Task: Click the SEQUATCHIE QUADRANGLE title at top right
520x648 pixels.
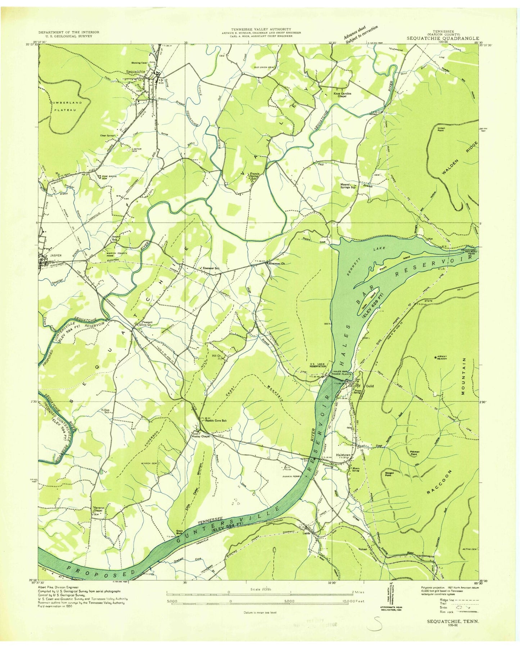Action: tap(443, 38)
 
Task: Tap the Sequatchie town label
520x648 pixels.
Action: tap(136, 71)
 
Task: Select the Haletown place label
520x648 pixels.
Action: tap(343, 455)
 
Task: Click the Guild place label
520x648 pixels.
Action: tap(370, 386)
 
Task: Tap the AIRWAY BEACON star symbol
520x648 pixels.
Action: tap(437, 358)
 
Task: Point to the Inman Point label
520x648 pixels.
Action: tap(441, 129)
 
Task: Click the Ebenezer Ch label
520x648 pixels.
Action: tap(277, 263)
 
